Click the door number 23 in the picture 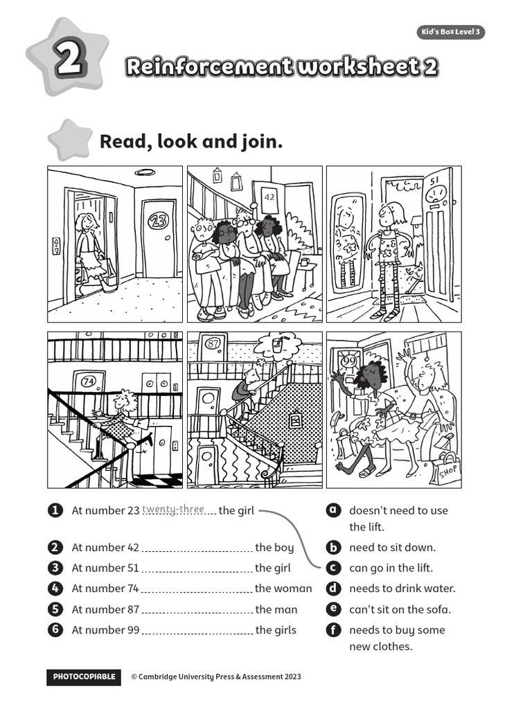click(159, 222)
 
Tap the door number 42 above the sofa click(270, 197)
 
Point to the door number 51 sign click(436, 181)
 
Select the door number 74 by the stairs click(88, 380)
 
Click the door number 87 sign click(213, 343)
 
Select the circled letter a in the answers click(333, 510)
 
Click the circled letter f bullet click(333, 630)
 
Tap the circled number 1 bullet click(54, 510)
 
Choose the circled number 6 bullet click(54, 630)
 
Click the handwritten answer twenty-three click(173, 510)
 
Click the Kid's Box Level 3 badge click(451, 33)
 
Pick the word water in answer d click(439, 589)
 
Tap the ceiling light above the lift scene click(145, 172)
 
